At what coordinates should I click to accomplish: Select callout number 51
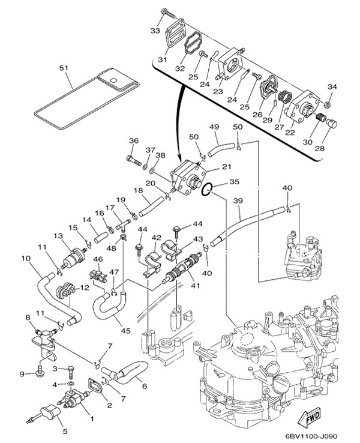click(64, 68)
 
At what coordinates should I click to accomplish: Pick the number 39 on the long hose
click(238, 200)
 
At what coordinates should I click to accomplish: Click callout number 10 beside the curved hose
click(25, 259)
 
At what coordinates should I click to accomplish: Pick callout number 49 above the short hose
click(213, 127)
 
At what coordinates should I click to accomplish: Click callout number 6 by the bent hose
click(143, 385)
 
